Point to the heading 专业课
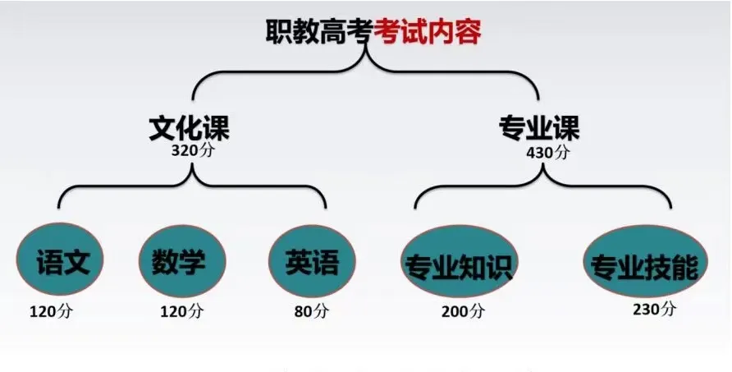click(x=539, y=128)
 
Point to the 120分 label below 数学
click(x=181, y=312)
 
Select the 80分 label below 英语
click(x=311, y=312)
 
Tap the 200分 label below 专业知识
click(x=462, y=312)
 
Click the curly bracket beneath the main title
click(x=365, y=70)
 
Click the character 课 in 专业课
click(x=566, y=128)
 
